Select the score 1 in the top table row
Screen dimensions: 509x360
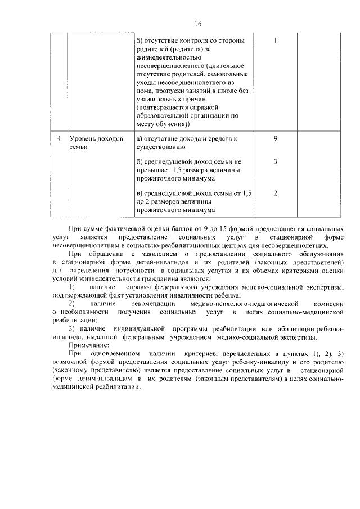[275, 40]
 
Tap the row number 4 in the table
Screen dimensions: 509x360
[58, 138]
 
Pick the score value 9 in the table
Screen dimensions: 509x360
[275, 138]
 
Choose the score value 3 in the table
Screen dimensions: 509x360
[275, 161]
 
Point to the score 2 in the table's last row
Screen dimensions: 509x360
[275, 193]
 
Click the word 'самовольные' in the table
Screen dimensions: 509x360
[227, 74]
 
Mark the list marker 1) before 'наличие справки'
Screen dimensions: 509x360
[72, 287]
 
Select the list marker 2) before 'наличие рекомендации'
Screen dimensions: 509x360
[72, 304]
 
